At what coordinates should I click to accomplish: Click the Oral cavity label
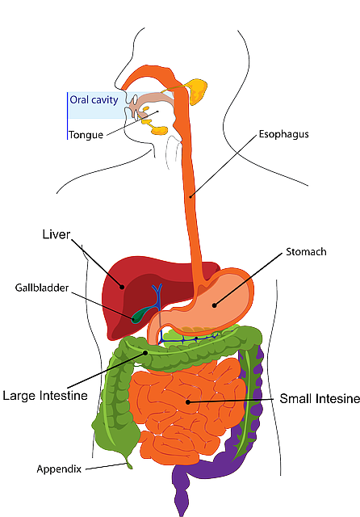(94, 101)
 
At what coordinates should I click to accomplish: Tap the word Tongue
(86, 135)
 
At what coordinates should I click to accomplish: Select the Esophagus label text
(283, 134)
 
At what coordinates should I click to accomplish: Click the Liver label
(57, 235)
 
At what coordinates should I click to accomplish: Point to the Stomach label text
(306, 252)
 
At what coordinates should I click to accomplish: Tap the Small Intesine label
(320, 399)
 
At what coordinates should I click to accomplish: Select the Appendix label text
(59, 469)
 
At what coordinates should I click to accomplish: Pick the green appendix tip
(128, 464)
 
